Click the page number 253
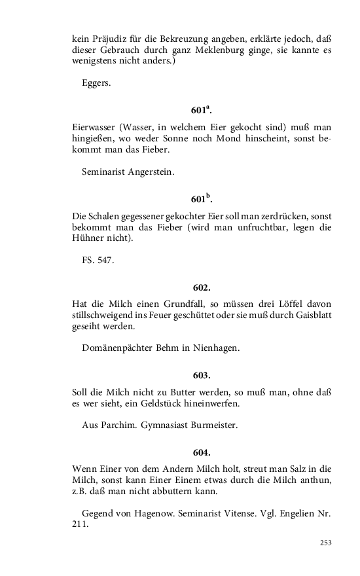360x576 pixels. point(326,543)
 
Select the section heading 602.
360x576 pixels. point(202,287)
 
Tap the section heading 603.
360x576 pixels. point(202,375)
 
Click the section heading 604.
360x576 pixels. point(202,452)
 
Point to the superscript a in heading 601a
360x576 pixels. point(207,105)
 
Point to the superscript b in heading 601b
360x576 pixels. point(208,194)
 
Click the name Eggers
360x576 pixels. point(96,83)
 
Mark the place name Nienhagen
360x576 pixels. point(217,348)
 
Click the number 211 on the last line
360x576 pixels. point(80,524)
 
